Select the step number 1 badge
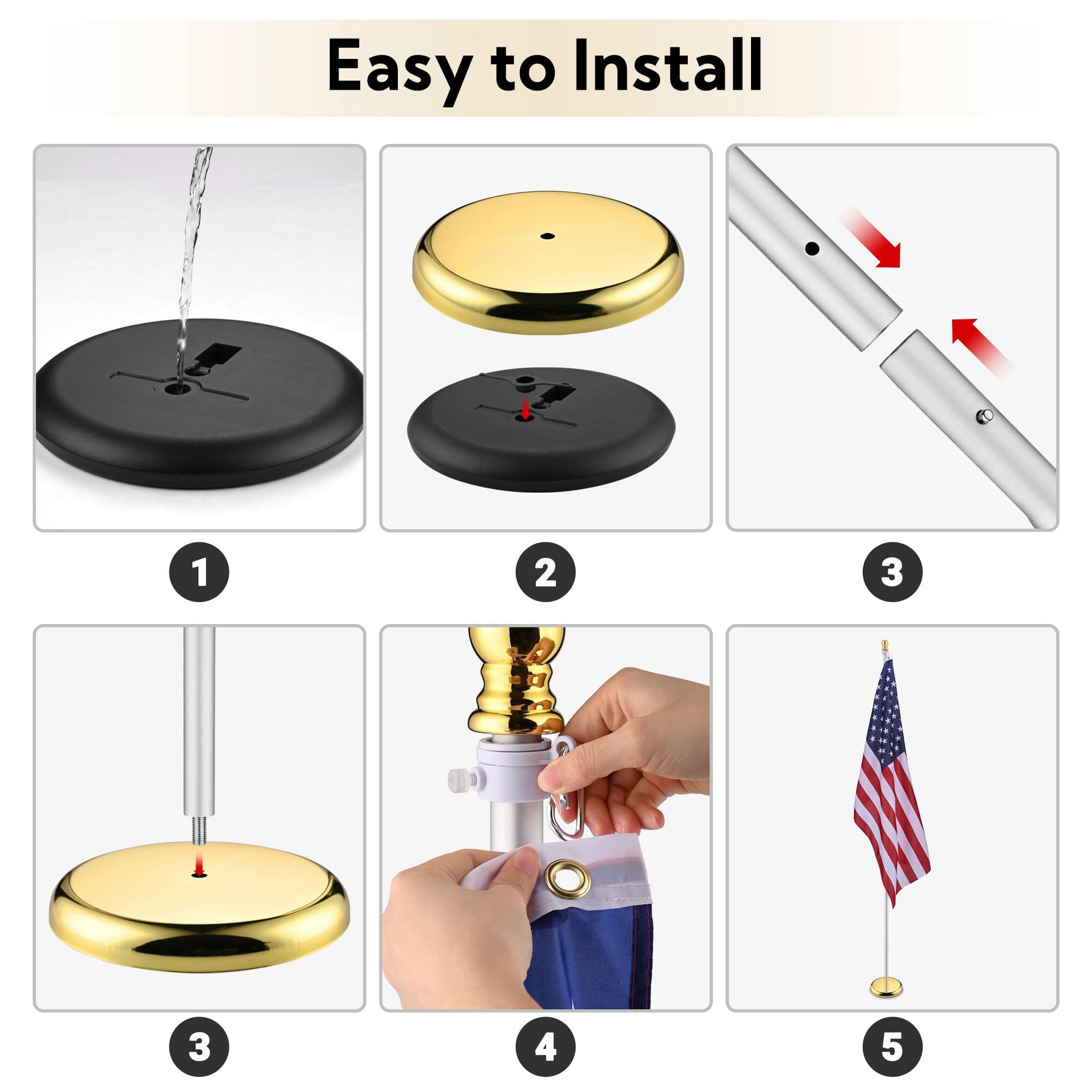point(199,572)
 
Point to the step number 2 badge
point(545,572)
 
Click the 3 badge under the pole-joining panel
point(892,572)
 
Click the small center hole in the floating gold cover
point(546,236)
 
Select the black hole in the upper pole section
point(812,248)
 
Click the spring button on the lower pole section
point(985,416)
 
